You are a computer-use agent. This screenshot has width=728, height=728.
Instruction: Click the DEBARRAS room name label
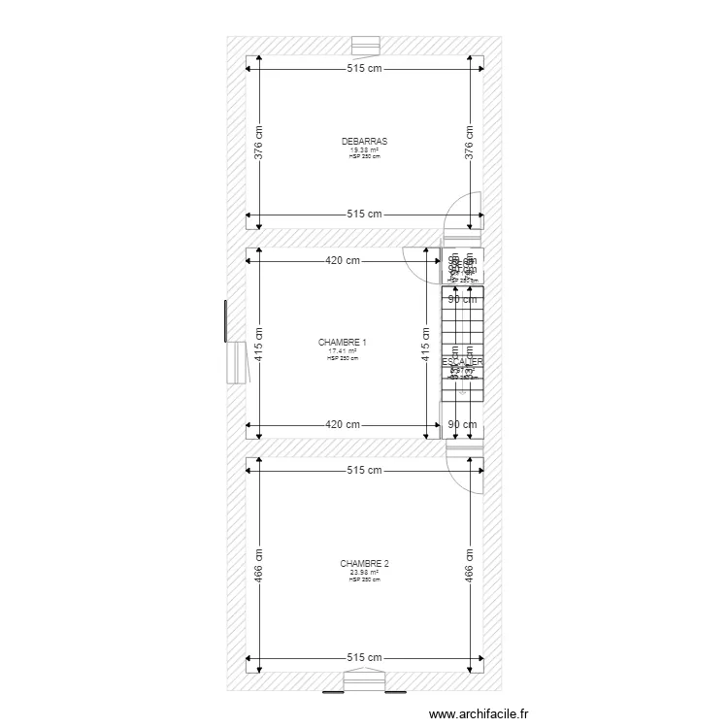(364, 142)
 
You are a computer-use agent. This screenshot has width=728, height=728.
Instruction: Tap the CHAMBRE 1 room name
(342, 343)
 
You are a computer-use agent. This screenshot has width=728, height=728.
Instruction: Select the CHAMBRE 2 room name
(364, 563)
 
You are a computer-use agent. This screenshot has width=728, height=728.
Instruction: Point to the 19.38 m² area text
(364, 150)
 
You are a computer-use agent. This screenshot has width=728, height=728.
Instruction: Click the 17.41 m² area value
(342, 351)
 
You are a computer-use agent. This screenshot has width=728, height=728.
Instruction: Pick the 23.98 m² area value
(364, 572)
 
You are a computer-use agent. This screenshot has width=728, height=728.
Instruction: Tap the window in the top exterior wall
(366, 46)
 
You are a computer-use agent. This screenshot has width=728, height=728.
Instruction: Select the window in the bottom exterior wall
(365, 682)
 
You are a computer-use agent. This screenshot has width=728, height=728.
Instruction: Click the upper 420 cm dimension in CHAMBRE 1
(343, 260)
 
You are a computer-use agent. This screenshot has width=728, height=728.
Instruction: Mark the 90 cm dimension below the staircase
(462, 425)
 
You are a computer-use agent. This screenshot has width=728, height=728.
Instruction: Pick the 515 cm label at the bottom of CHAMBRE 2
(364, 658)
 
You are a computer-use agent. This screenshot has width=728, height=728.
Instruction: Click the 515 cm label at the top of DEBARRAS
(364, 69)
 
